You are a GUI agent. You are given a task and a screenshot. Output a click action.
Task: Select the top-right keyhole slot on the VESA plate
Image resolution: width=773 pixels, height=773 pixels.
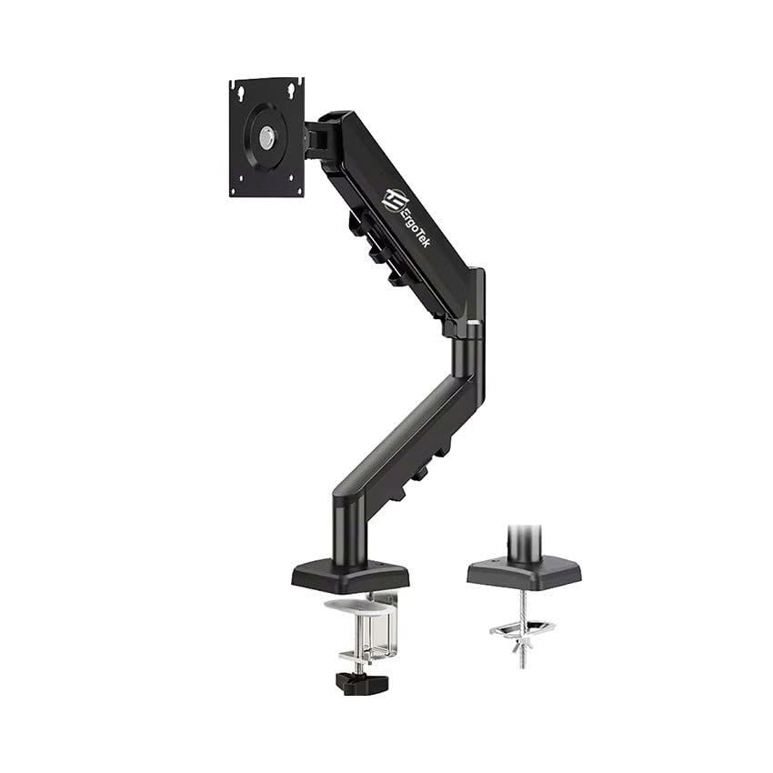tap(293, 88)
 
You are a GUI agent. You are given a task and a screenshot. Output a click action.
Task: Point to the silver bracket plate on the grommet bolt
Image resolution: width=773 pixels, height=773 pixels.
tap(522, 627)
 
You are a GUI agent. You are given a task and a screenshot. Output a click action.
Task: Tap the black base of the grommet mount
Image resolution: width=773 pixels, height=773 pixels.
tap(525, 570)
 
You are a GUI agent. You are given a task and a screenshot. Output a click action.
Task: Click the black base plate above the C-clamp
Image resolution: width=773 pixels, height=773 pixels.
tap(350, 576)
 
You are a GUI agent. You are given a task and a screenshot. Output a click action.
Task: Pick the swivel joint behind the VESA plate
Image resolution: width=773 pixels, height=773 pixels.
tap(318, 139)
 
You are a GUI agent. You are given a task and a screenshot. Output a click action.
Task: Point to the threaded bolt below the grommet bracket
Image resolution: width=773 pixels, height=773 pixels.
tap(522, 658)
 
